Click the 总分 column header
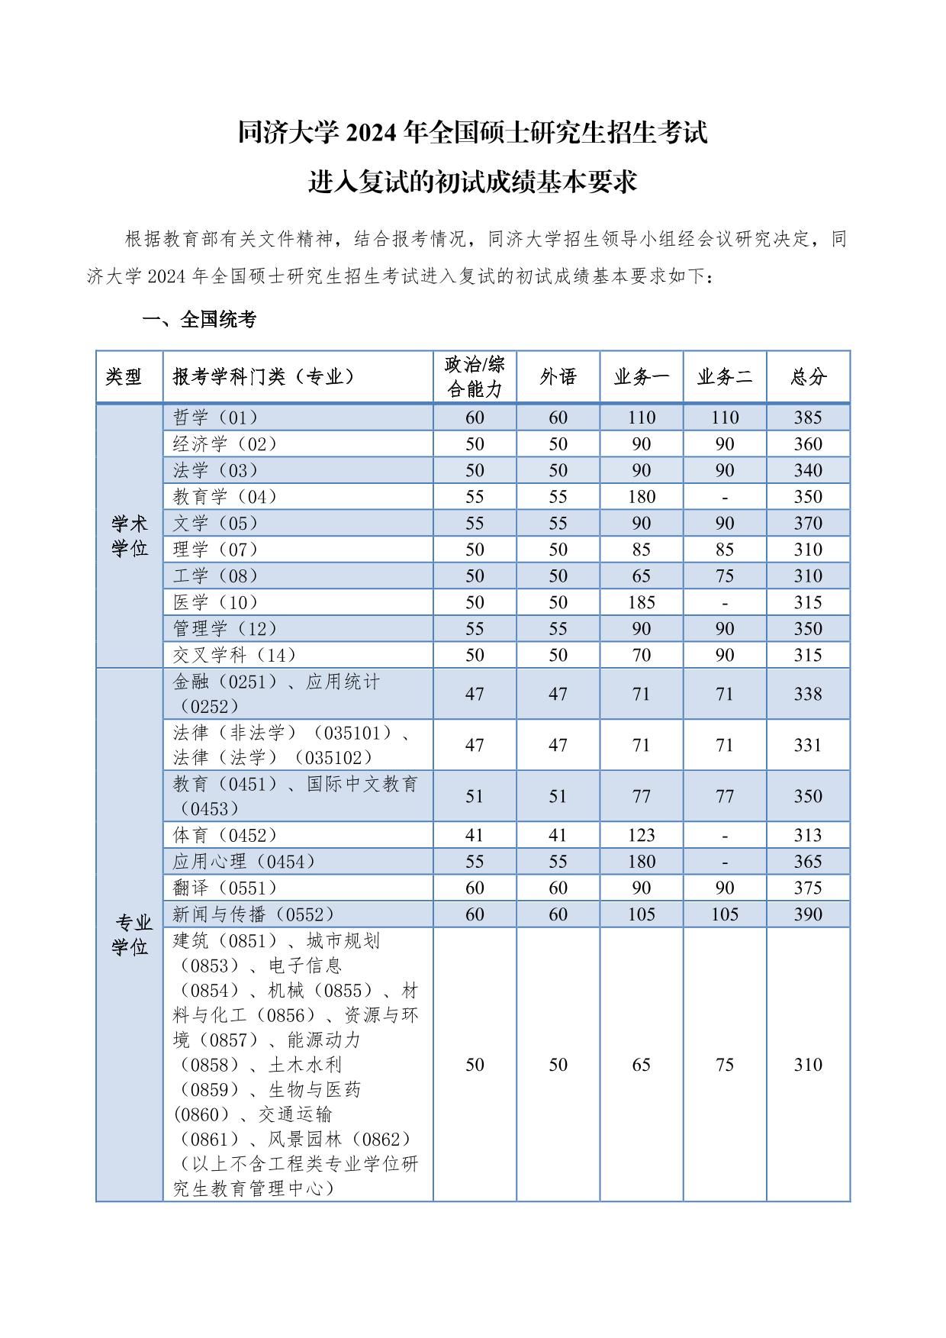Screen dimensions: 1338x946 [808, 376]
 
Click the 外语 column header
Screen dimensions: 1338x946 [558, 376]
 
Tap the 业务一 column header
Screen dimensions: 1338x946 [641, 376]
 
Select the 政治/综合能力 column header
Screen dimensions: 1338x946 [475, 376]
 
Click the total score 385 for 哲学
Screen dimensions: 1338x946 [808, 418]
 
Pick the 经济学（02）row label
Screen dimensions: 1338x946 [225, 444]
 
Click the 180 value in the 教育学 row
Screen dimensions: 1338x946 [641, 497]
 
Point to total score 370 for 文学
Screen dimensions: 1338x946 [808, 524]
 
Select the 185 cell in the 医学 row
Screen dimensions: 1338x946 [641, 602]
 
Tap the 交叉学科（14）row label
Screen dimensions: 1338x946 [234, 655]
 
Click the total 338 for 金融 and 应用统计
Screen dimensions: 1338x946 [808, 694]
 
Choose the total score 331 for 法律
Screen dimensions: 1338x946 [808, 745]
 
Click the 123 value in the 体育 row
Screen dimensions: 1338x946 [641, 835]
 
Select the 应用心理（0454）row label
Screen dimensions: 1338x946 [244, 862]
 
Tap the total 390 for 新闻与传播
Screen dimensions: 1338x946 [808, 914]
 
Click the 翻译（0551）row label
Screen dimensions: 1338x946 [225, 888]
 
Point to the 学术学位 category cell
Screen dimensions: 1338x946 [130, 536]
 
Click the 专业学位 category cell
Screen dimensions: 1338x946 [130, 935]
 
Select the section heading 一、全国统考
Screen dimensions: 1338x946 [199, 320]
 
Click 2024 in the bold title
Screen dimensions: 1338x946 [372, 133]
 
